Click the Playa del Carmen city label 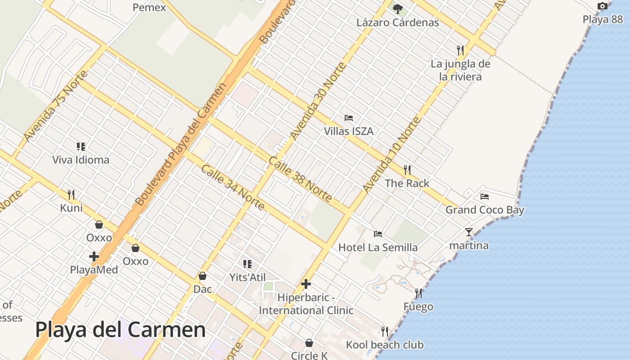pyautogui.click(x=120, y=330)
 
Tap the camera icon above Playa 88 pyautogui.click(x=603, y=6)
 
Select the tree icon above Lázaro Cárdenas pyautogui.click(x=397, y=9)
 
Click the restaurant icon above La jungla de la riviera pyautogui.click(x=460, y=50)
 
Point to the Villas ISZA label pyautogui.click(x=349, y=131)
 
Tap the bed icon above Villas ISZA pyautogui.click(x=349, y=118)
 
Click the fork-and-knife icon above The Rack pyautogui.click(x=407, y=170)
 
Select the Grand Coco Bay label pyautogui.click(x=485, y=210)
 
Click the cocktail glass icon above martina pyautogui.click(x=469, y=232)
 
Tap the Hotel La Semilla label pyautogui.click(x=378, y=247)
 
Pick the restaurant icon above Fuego pyautogui.click(x=418, y=293)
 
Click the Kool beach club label pyautogui.click(x=385, y=345)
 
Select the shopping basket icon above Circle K pyautogui.click(x=309, y=343)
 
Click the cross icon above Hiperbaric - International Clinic pyautogui.click(x=306, y=284)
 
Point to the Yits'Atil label pyautogui.click(x=247, y=277)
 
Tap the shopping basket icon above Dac pyautogui.click(x=202, y=276)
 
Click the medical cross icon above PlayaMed pyautogui.click(x=94, y=256)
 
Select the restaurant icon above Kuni pyautogui.click(x=71, y=194)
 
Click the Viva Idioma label pyautogui.click(x=81, y=160)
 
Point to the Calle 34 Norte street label pyautogui.click(x=233, y=188)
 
